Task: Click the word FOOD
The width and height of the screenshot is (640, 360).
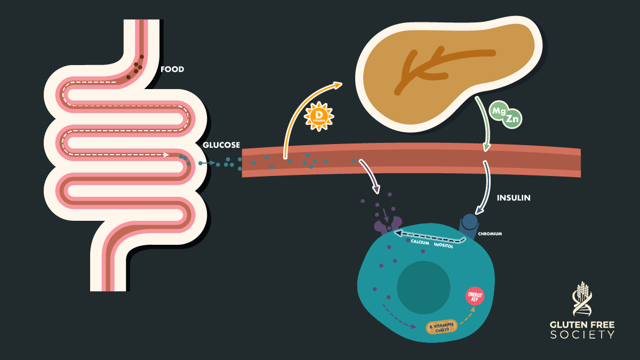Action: coord(172,69)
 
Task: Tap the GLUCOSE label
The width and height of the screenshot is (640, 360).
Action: coord(221,145)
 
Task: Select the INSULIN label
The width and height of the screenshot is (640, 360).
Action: coord(514,197)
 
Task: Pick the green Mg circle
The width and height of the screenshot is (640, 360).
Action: coord(499,111)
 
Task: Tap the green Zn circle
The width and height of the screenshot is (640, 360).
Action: coord(512,119)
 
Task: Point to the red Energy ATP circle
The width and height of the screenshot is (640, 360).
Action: coord(474,295)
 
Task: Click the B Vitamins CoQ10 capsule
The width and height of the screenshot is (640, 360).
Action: coord(441,327)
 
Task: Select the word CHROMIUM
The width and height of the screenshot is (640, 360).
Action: coord(490,234)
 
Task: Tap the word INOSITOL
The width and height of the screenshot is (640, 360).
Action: coord(443,246)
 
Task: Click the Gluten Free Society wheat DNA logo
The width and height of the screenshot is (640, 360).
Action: coord(582,298)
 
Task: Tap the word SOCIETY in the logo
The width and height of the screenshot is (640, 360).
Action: coord(582,335)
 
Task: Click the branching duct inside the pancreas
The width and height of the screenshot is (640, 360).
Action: coord(427,67)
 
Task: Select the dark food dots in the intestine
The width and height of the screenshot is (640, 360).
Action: coord(137,67)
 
